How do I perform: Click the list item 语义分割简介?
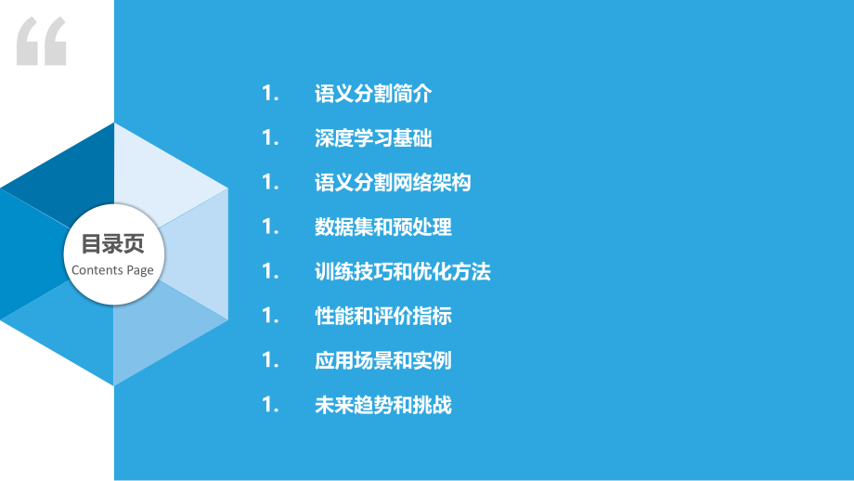click(373, 94)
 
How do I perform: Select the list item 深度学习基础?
click(373, 138)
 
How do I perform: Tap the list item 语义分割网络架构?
click(393, 183)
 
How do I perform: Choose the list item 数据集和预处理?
click(383, 227)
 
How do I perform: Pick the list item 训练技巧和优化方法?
click(402, 272)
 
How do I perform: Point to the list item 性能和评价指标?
click(383, 317)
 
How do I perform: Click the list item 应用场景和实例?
click(383, 361)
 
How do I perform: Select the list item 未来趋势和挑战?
click(383, 406)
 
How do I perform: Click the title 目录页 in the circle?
click(112, 244)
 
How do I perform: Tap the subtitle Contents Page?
click(112, 270)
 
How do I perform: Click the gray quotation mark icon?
click(42, 41)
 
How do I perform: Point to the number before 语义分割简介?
click(270, 94)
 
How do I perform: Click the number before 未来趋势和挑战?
click(270, 406)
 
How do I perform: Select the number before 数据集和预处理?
click(270, 227)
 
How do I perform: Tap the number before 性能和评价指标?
click(270, 317)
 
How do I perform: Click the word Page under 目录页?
click(140, 270)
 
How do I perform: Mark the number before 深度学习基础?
click(270, 138)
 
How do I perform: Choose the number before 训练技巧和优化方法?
click(270, 272)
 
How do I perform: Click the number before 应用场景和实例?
click(270, 361)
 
